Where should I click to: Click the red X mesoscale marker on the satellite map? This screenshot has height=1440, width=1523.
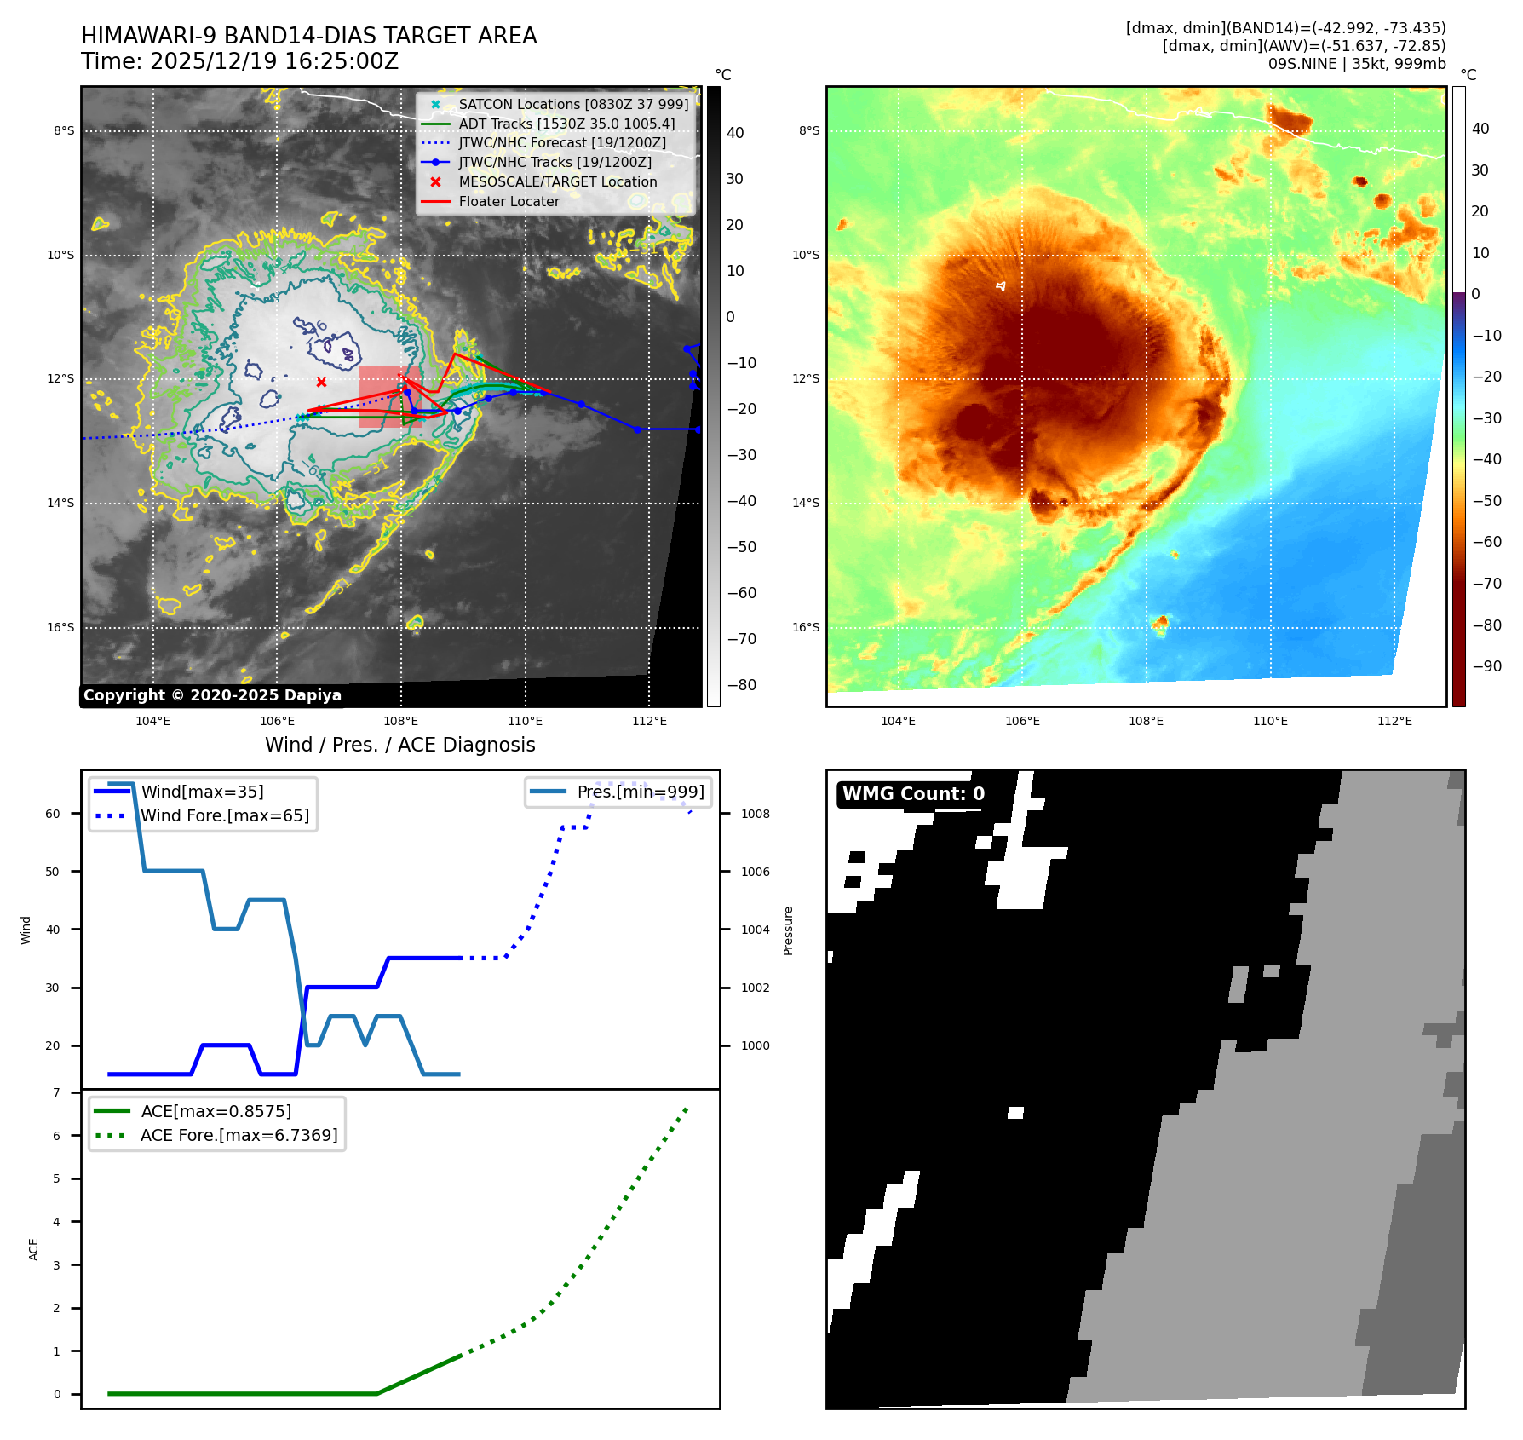pos(321,383)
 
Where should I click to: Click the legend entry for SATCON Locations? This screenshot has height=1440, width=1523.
pos(572,104)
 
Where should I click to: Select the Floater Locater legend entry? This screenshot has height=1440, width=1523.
pos(509,201)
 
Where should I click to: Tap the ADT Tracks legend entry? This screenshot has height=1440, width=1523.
pos(566,124)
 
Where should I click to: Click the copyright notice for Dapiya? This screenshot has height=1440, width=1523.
pos(212,695)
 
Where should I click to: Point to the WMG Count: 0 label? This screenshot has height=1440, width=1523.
pos(913,794)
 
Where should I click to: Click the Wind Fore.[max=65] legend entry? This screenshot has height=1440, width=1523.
pos(225,815)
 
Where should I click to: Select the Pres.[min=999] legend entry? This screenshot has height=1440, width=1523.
pos(640,792)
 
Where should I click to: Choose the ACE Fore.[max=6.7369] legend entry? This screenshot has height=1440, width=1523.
pos(239,1135)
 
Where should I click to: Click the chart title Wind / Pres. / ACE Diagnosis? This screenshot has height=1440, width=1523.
pos(399,745)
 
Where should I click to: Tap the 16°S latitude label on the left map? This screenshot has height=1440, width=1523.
pos(60,627)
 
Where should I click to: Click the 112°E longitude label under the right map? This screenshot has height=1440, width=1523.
pos(1394,721)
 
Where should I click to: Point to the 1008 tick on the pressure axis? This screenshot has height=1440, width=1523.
pos(755,814)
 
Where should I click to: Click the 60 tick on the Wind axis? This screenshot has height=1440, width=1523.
pos(53,814)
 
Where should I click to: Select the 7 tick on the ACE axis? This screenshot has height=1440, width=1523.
pos(57,1092)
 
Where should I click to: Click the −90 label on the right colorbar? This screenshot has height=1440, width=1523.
pos(1486,666)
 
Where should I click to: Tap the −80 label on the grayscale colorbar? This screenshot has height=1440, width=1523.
pos(741,685)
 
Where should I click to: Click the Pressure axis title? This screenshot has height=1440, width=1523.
pos(788,930)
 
